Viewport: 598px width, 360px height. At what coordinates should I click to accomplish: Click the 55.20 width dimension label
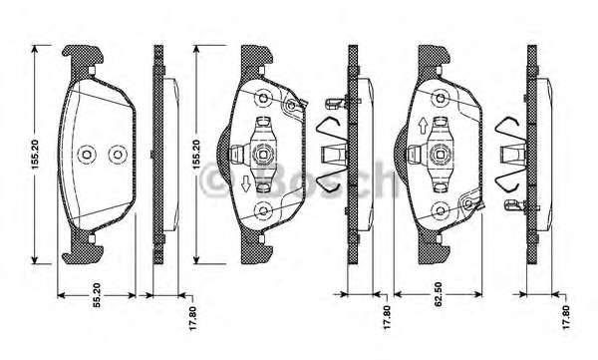tap(97, 295)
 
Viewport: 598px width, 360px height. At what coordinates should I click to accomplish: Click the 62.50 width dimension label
tap(438, 294)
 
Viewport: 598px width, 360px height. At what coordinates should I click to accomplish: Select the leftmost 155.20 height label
tap(35, 155)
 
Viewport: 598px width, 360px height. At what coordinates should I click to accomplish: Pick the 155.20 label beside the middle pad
tap(195, 155)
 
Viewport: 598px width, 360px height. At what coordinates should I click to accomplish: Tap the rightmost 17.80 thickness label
tap(565, 317)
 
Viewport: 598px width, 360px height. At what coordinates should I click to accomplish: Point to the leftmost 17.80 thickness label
tap(192, 318)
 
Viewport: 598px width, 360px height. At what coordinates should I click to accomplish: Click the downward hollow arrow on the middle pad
tap(246, 184)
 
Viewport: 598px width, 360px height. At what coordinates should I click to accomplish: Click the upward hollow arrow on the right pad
tap(423, 126)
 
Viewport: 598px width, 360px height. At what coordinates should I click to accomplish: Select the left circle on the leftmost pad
tap(87, 155)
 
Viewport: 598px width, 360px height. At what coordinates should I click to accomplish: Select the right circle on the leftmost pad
tap(118, 155)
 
